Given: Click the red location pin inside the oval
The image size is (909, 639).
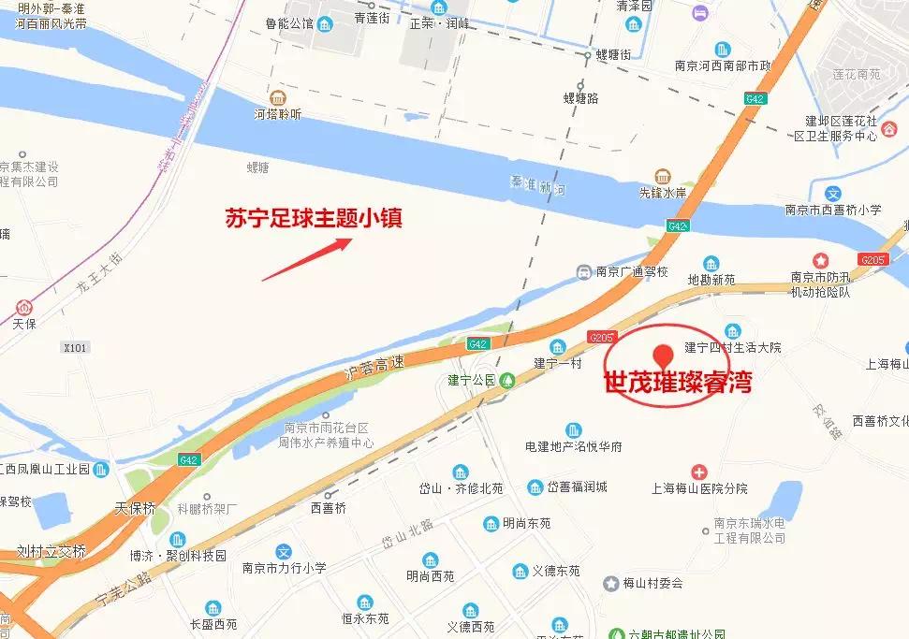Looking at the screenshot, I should click(x=664, y=355).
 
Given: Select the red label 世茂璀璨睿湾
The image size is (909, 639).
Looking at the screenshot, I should click(x=678, y=384).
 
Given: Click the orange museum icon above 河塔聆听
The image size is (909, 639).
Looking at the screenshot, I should click(x=277, y=97).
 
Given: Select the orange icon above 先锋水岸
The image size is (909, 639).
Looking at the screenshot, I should click(x=663, y=177).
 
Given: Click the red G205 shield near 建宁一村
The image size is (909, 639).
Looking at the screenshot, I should click(x=601, y=336).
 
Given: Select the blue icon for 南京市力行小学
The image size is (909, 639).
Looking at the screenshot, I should click(x=285, y=552).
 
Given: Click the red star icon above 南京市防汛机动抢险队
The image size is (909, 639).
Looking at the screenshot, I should click(x=821, y=259).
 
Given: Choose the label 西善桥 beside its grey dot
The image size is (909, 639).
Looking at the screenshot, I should click(x=328, y=508).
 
